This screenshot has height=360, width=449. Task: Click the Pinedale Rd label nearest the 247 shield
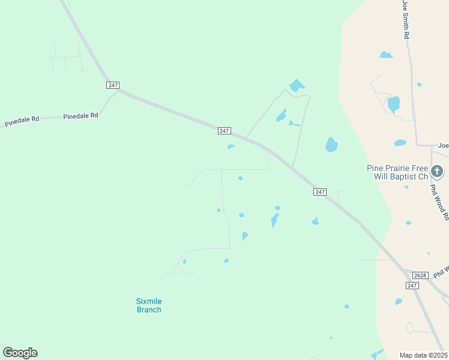pos(80,116)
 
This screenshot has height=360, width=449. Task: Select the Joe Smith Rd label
pos(406,20)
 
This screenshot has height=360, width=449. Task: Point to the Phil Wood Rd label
pos(439,202)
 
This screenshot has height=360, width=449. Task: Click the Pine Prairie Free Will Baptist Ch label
pos(397,172)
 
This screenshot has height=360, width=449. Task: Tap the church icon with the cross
pos(438,172)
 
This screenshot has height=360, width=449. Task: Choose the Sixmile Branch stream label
pos(149,305)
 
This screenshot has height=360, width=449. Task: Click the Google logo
pos(20,353)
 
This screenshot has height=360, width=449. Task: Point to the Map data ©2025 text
pos(423,355)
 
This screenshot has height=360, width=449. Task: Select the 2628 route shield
pos(420,275)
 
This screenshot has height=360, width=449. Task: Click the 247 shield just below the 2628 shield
pos(412,285)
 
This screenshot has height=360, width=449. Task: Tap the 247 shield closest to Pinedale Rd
pos(112,85)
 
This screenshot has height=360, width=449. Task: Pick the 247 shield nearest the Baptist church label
pos(320,191)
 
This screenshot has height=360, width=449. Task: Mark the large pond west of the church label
pos(331,145)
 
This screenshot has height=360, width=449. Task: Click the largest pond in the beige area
pos(393,104)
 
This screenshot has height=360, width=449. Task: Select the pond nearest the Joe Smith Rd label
pos(386,55)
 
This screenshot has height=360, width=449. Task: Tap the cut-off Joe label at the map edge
pos(443,145)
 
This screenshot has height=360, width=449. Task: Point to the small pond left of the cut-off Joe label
pos(400,143)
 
